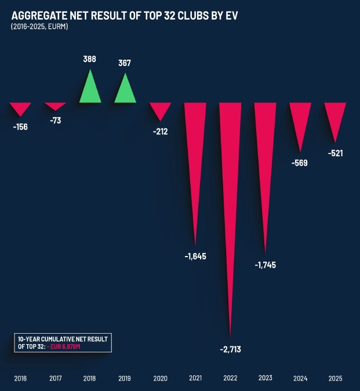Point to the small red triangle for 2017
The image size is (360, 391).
[56, 105]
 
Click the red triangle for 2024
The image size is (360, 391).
[300, 119]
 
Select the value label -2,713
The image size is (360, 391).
[230, 349]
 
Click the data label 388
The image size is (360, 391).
[90, 59]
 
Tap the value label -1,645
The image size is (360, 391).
[195, 256]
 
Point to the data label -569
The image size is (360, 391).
[299, 163]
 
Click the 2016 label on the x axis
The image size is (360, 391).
[20, 378]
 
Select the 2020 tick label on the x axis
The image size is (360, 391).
[160, 378]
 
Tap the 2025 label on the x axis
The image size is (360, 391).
[334, 378]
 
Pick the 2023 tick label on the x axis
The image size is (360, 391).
[265, 378]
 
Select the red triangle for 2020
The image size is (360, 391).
[160, 109]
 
